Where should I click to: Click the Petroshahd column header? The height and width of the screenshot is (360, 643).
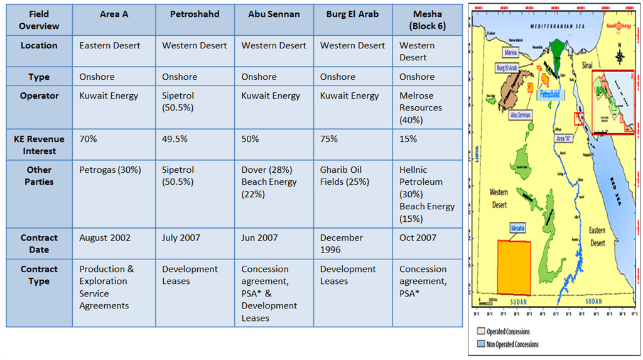(194, 14)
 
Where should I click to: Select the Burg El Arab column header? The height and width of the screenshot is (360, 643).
(352, 14)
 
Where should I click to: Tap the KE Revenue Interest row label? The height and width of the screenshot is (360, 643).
(39, 145)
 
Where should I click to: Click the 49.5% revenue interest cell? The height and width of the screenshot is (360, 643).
(175, 139)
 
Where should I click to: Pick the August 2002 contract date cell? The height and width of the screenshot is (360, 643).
(105, 237)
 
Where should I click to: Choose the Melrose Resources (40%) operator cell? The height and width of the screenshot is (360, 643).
(421, 107)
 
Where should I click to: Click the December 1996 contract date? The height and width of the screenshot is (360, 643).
(342, 243)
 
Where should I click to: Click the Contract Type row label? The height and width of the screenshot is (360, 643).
(39, 275)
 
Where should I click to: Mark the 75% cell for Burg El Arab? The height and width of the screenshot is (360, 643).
(329, 139)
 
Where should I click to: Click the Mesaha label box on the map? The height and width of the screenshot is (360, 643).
(518, 227)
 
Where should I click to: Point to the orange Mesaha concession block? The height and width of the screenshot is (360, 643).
(514, 267)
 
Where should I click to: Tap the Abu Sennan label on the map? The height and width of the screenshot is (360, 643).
(521, 115)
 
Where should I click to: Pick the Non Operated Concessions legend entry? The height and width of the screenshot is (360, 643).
(509, 344)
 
